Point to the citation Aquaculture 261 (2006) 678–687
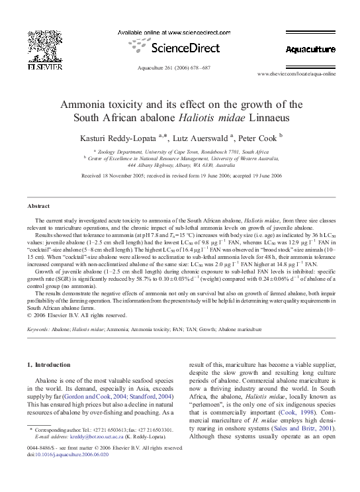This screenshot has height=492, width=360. [x=179, y=68]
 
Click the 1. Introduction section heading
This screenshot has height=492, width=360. [x=52, y=365]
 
